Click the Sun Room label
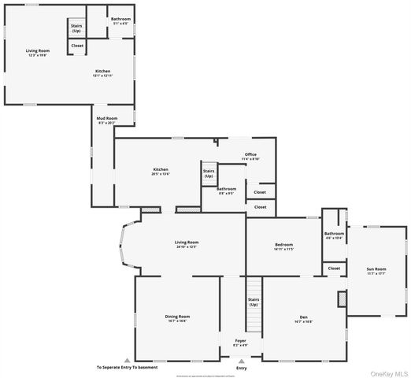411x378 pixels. [x=376, y=272]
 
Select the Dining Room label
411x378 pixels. [x=177, y=318]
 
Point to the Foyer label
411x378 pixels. [x=241, y=343]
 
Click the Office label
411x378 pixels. [x=250, y=156]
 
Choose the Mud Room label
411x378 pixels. [x=106, y=122]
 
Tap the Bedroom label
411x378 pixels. [x=283, y=246]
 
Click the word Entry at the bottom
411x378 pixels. [x=241, y=368]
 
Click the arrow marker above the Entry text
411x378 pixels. [x=241, y=360]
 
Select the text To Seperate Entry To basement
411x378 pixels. [x=128, y=368]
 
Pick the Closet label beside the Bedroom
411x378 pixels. [x=334, y=269]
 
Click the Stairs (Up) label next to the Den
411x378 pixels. [x=254, y=302]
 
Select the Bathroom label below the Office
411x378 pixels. [x=227, y=190]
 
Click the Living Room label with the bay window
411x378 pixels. [x=187, y=244]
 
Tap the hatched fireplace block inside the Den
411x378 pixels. [x=342, y=299]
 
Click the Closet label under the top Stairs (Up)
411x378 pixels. [x=77, y=46]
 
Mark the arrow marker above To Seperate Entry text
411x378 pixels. [x=127, y=360]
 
